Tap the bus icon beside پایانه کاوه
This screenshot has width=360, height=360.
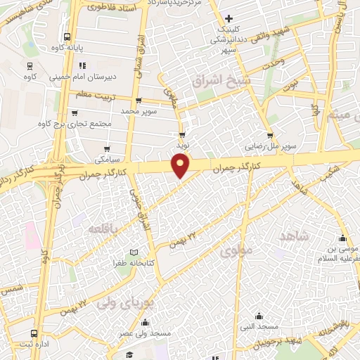click(x=67, y=37)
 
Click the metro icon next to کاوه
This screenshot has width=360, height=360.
click(x=30, y=66)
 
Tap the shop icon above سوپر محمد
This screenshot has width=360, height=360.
click(x=139, y=100)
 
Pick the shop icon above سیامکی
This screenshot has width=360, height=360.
click(x=107, y=148)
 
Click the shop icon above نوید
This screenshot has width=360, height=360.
click(x=183, y=134)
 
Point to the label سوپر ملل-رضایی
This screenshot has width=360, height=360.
click(x=270, y=148)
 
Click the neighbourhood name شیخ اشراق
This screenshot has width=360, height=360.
click(x=211, y=80)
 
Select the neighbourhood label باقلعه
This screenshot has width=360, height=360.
click(x=104, y=229)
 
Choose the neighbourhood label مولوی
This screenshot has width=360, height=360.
click(x=236, y=250)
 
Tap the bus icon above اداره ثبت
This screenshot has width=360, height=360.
click(x=34, y=334)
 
